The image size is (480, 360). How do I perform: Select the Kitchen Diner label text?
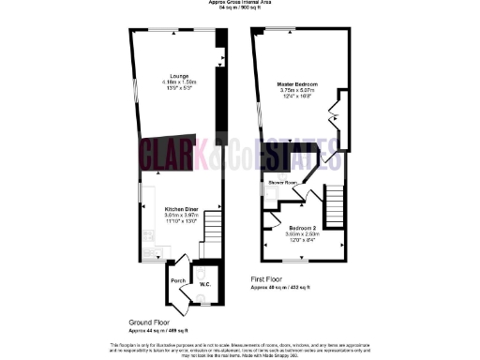tap(181, 208)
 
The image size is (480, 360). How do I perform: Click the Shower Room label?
tap(282, 182)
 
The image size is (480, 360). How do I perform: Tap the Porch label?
tap(176, 280)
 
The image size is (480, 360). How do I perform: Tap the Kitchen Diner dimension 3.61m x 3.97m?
tap(181, 215)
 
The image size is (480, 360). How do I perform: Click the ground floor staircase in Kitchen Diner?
tap(215, 225)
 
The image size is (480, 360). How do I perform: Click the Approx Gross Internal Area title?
tap(241, 4)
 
